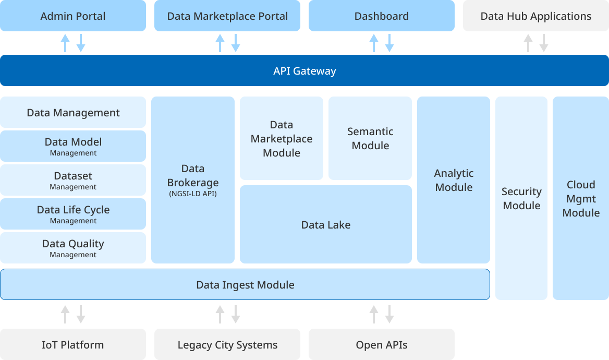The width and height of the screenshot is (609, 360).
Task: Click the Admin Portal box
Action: point(73,16)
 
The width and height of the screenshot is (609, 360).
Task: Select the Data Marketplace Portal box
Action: point(227,16)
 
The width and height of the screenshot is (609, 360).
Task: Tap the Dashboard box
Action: point(382,16)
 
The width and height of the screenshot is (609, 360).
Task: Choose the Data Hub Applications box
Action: point(536,16)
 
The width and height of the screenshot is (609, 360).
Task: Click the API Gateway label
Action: point(304,71)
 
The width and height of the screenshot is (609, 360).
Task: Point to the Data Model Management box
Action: point(73,146)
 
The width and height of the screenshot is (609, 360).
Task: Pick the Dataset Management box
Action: point(73,180)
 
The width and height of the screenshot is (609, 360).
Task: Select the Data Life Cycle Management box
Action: point(73,214)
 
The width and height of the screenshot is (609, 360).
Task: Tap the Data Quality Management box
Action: point(73,248)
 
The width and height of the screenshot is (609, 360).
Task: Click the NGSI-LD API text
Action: point(193,194)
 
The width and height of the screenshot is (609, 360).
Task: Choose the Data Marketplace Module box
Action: point(282,139)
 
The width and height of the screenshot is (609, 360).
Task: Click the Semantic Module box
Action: point(370,139)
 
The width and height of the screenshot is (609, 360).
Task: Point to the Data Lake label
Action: point(326,225)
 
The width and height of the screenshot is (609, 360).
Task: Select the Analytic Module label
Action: point(454,180)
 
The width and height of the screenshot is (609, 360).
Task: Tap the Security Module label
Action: point(521,198)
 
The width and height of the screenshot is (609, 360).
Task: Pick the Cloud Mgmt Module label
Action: point(581,198)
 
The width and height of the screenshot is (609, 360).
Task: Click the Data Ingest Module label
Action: point(245,285)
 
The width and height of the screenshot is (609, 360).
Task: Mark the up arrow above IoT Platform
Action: point(65,314)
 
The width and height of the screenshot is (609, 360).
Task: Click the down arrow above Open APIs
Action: point(389,314)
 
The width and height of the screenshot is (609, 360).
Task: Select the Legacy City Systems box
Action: point(227,345)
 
